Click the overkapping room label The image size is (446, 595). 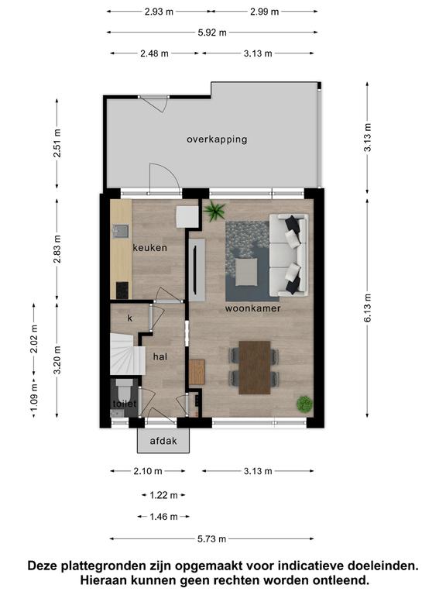pos(217,139)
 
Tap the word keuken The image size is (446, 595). pos(149,248)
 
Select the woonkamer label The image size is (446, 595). pos(253,308)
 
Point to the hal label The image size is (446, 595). pos(160,356)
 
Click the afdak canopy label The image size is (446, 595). pos(163,441)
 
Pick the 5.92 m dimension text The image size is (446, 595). pos(212,33)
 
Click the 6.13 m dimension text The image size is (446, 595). pos(368,308)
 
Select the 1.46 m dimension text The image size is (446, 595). pos(163,517)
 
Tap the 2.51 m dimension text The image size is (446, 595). pos(57,143)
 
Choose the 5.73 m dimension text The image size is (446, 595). pos(211,539)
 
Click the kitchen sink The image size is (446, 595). pos(121,231)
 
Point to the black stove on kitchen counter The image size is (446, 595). pos(122,291)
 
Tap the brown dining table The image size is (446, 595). pos(255,367)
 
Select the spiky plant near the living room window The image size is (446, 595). pos(214,211)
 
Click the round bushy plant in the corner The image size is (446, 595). pos(304,404)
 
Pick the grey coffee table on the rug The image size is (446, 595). pos(246,272)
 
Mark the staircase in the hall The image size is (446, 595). pos(128,354)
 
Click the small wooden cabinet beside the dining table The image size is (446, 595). pos(197,372)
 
